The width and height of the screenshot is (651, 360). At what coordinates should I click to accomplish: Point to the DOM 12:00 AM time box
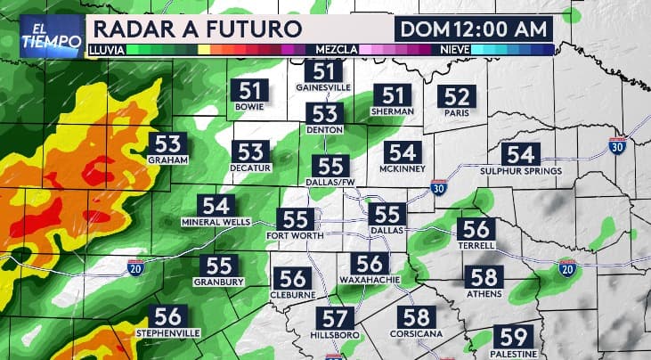coord(474,28)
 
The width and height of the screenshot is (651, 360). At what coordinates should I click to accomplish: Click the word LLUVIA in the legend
coord(107,50)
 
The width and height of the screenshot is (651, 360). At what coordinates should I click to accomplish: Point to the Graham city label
coord(167,160)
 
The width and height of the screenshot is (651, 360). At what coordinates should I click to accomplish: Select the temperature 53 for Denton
coord(324,114)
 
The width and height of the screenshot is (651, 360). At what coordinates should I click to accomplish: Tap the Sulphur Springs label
coord(521,171)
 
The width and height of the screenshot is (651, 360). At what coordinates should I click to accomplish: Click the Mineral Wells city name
coord(214,221)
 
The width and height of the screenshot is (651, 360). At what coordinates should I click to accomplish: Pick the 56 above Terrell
coord(476,228)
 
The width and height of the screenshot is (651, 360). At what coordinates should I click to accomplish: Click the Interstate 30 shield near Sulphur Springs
coord(618,144)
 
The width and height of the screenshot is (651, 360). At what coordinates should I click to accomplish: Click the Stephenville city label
coord(168,332)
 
